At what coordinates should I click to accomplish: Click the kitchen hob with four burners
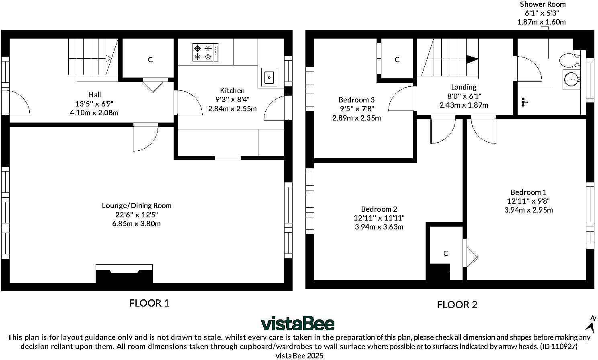205,53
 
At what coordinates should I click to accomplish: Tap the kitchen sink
269,78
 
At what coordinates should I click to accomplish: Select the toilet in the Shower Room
570,61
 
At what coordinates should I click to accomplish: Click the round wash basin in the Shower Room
571,79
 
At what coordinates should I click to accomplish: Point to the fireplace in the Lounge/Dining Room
124,274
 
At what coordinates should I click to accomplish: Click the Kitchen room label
232,90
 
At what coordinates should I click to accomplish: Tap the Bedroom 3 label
356,100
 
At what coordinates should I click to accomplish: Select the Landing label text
464,87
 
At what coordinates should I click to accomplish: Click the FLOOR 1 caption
149,303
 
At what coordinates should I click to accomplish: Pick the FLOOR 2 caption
457,305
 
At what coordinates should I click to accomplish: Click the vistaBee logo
298,323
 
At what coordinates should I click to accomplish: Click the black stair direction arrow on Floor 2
472,59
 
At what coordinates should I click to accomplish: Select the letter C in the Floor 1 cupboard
150,60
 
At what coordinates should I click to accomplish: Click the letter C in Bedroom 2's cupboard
446,253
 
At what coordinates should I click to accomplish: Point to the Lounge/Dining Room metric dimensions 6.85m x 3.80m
136,224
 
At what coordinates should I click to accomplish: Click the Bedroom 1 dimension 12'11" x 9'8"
528,201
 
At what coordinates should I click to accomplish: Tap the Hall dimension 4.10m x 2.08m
94,113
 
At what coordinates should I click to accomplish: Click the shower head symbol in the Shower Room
524,102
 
